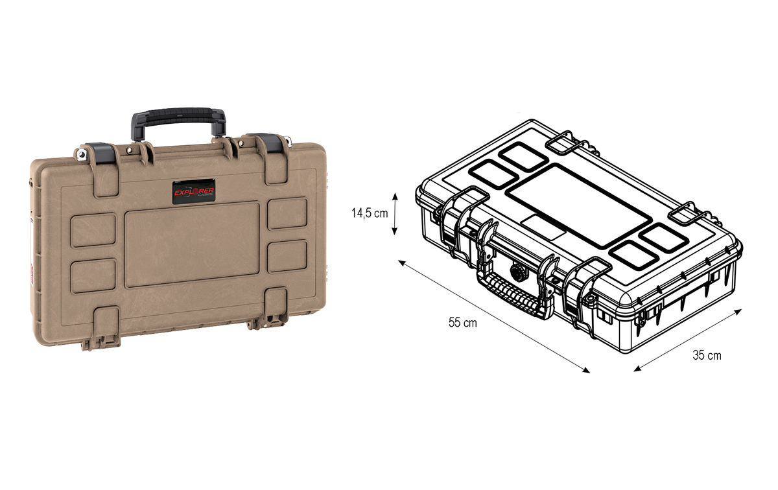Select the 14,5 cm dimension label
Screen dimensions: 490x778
(x=370, y=214)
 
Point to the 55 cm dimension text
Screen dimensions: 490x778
(x=462, y=322)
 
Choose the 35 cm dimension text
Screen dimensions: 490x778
(x=707, y=355)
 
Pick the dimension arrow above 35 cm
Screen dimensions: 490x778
(x=687, y=340)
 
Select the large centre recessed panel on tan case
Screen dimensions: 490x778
(x=192, y=244)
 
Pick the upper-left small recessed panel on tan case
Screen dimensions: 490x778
(x=93, y=230)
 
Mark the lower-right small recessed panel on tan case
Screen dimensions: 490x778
(x=287, y=256)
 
